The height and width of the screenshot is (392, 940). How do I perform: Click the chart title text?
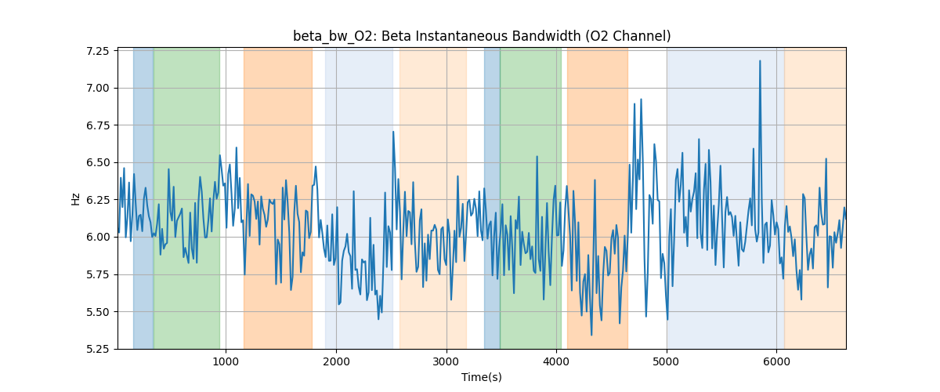tap(482, 36)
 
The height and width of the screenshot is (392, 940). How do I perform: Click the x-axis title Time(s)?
tap(482, 377)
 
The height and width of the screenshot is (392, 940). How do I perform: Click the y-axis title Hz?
tap(76, 199)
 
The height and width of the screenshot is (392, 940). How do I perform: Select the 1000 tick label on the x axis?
tap(226, 361)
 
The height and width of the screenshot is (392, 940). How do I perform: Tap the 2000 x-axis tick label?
tap(336, 361)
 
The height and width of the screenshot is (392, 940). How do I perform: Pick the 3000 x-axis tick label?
tap(446, 361)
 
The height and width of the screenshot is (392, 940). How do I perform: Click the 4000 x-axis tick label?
tap(556, 361)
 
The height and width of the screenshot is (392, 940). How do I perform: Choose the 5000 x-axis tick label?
tap(667, 361)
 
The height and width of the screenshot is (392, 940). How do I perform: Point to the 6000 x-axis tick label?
tap(776, 361)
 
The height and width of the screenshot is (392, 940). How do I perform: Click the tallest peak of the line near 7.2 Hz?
tap(760, 60)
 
